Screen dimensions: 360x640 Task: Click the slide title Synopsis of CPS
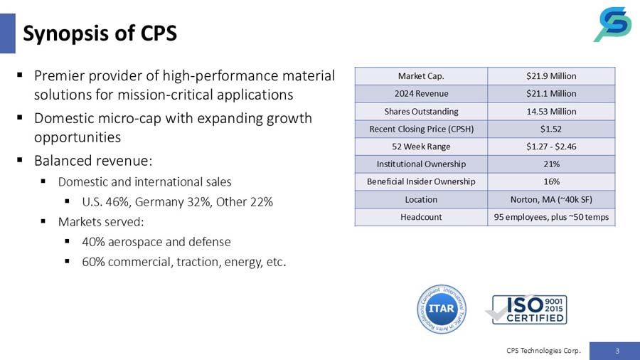(100, 33)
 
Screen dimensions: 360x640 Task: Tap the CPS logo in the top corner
(612, 24)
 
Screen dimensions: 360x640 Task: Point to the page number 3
(617, 350)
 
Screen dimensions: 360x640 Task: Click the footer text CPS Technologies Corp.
(543, 350)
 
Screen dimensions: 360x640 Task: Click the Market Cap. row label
(421, 75)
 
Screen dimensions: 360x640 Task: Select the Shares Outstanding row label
(421, 111)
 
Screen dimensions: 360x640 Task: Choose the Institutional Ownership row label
(421, 164)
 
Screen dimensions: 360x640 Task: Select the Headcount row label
(421, 217)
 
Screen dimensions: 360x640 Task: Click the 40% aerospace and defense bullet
(156, 242)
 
